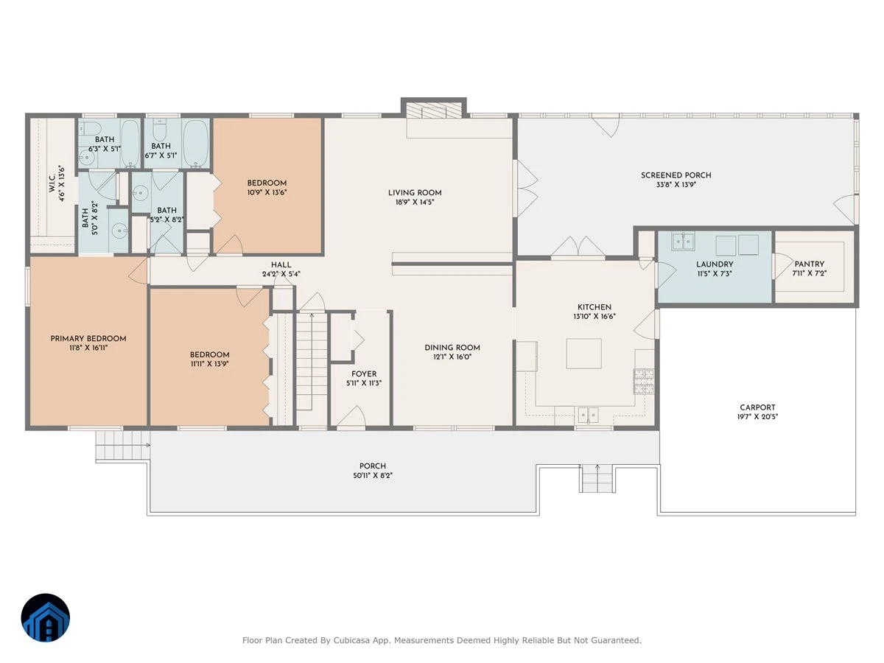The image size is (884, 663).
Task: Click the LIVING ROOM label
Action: (x=415, y=193)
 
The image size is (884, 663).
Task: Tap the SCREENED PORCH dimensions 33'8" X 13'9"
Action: (x=676, y=185)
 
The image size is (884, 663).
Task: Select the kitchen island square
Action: (x=583, y=354)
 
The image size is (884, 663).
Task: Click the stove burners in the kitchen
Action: (x=644, y=381)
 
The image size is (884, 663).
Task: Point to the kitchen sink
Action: (x=588, y=415)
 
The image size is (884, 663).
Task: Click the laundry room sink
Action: (x=683, y=241)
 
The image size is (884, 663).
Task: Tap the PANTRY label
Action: (x=809, y=264)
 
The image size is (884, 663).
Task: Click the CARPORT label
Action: (x=757, y=407)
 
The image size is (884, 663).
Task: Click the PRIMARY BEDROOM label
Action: (x=88, y=339)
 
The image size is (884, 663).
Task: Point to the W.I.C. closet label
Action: (x=52, y=183)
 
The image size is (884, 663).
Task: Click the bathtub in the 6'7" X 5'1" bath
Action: (x=196, y=144)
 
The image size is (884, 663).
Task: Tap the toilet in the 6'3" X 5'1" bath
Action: (x=89, y=128)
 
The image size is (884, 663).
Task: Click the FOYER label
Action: (x=364, y=374)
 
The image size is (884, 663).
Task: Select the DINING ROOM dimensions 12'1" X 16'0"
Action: (x=452, y=357)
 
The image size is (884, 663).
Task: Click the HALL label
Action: (x=281, y=265)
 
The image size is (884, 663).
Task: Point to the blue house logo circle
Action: (x=46, y=617)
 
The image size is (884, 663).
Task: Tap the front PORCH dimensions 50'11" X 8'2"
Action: (x=373, y=475)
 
